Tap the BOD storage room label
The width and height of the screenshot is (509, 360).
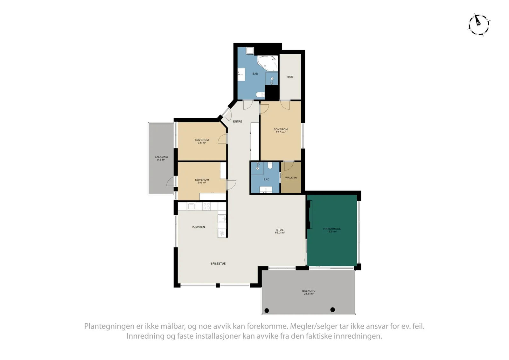pyautogui.click(x=290, y=77)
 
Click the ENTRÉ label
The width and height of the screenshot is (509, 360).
pyautogui.click(x=237, y=121)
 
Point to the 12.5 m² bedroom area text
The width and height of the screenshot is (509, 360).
pyautogui.click(x=281, y=132)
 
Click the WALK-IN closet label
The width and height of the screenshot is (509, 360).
pyautogui.click(x=291, y=178)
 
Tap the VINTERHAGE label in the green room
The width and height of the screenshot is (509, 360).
pyautogui.click(x=332, y=229)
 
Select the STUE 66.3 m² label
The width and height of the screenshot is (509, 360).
pyautogui.click(x=280, y=231)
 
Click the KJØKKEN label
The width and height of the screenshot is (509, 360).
pyautogui.click(x=199, y=227)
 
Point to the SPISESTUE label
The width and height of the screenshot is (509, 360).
pyautogui.click(x=218, y=264)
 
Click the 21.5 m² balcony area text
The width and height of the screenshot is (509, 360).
pyautogui.click(x=309, y=294)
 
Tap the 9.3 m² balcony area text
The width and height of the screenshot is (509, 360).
pyautogui.click(x=161, y=160)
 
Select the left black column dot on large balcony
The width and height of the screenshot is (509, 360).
pyautogui.click(x=267, y=310)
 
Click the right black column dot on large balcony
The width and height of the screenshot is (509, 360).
pyautogui.click(x=332, y=309)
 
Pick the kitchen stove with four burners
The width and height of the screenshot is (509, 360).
pyautogui.click(x=206, y=206)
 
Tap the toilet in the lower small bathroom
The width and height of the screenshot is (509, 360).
pyautogui.click(x=270, y=165)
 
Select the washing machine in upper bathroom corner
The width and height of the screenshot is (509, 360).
pyautogui.click(x=250, y=51)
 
